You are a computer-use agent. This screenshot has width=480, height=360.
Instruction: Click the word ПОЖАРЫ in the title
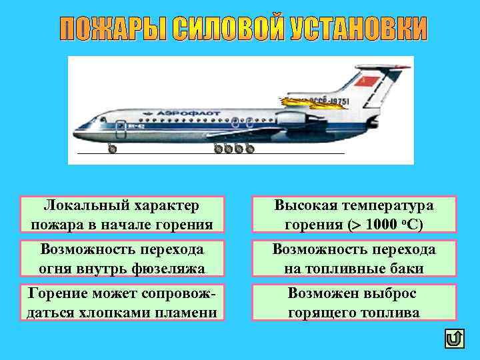pyautogui.click(x=113, y=29)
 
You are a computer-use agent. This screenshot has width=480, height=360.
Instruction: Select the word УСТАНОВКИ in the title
pyautogui.click(x=359, y=29)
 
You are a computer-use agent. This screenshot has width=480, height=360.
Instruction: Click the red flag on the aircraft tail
pyautogui.click(x=367, y=82)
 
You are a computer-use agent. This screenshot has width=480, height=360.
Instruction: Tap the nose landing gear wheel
pyautogui.click(x=111, y=149)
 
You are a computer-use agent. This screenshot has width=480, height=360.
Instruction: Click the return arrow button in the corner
pyautogui.click(x=453, y=339)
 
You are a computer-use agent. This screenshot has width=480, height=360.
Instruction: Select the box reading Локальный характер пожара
pyautogui.click(x=122, y=214)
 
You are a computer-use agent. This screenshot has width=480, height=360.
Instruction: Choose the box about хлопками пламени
pyautogui.click(x=122, y=302)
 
